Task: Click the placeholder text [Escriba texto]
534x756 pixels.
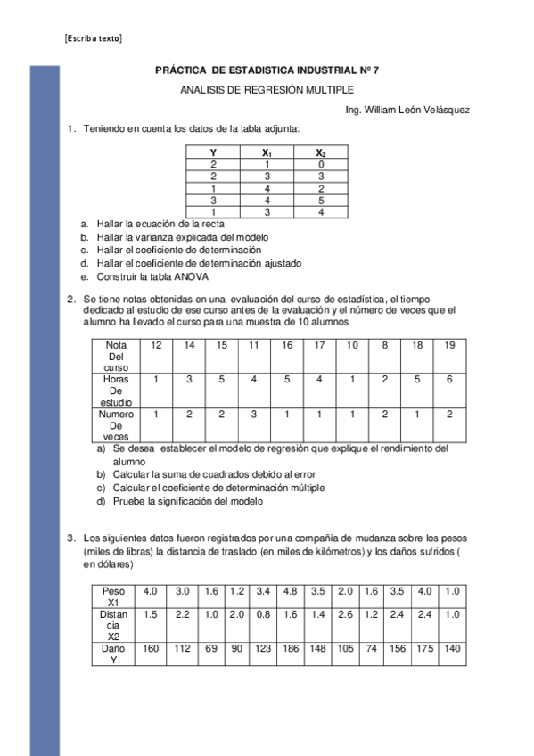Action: (x=94, y=38)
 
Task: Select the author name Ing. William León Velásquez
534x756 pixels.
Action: (x=407, y=110)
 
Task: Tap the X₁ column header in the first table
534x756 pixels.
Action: (x=267, y=153)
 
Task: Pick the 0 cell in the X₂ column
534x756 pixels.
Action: (x=320, y=165)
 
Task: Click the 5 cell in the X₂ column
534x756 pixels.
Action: (x=320, y=200)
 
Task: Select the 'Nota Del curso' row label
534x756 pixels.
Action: (x=116, y=356)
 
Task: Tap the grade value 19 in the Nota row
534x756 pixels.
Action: (x=449, y=345)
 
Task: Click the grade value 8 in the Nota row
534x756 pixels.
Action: (x=384, y=345)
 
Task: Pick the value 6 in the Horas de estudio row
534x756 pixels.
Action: (x=449, y=379)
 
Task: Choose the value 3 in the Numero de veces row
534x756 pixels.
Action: (x=254, y=414)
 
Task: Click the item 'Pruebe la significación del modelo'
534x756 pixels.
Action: (x=187, y=501)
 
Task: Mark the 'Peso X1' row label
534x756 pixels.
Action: (x=113, y=596)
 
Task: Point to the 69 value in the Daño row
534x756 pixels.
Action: (x=210, y=648)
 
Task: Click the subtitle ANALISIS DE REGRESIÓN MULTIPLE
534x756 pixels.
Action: (x=267, y=89)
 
